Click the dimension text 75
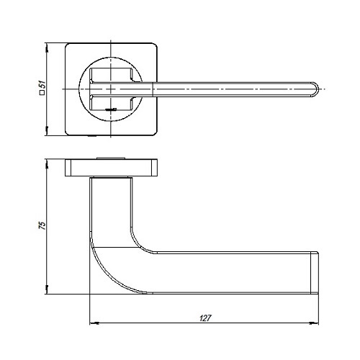pos(42,225)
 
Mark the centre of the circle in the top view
pos(111,89)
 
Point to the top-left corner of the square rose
pos(68,45)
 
